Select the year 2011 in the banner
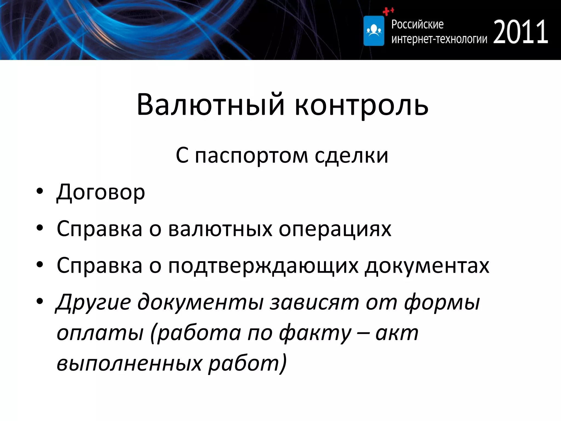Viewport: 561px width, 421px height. pyautogui.click(x=520, y=32)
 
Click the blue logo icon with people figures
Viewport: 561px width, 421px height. pyautogui.click(x=374, y=31)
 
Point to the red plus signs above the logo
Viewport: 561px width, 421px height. pyautogui.click(x=388, y=11)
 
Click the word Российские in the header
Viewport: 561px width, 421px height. pyautogui.click(x=417, y=24)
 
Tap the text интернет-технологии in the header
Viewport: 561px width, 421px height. pyautogui.click(x=439, y=39)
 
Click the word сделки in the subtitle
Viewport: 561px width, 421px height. pyautogui.click(x=351, y=156)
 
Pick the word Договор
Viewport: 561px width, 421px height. pyautogui.click(x=101, y=192)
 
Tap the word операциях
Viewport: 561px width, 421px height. pyautogui.click(x=335, y=229)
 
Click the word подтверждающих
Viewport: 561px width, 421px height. pyautogui.click(x=263, y=266)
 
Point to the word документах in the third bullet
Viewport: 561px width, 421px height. pyautogui.click(x=427, y=266)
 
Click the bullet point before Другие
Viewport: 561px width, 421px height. pyautogui.click(x=40, y=301)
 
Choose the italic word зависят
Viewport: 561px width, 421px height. pyautogui.click(x=314, y=302)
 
